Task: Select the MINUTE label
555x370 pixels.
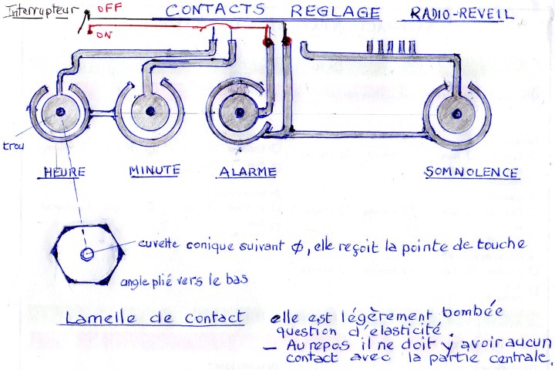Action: [154, 170]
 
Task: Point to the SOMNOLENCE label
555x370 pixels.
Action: [471, 172]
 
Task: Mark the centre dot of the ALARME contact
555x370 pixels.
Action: [239, 113]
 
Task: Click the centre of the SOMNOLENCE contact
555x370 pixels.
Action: [456, 113]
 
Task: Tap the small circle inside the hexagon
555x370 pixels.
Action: [88, 253]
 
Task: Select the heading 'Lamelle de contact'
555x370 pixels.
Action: [155, 317]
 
